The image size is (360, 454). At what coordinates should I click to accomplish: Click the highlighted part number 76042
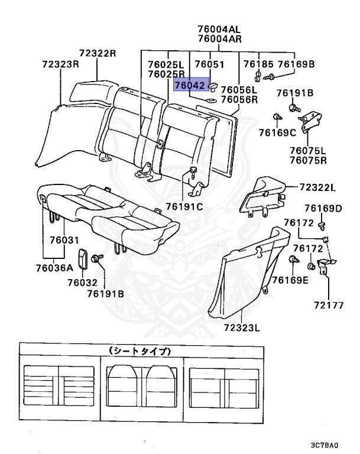coord(190,86)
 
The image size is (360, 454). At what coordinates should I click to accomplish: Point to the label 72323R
coord(60,63)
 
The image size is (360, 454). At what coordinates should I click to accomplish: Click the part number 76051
coord(209,64)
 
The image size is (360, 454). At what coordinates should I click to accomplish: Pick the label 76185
coord(258,64)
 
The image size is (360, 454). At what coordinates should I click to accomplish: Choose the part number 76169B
coord(296,64)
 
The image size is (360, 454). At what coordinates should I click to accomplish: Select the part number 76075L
coord(310,150)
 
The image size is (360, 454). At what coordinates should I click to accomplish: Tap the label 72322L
coord(317,188)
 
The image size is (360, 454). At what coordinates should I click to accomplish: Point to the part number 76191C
coord(184,206)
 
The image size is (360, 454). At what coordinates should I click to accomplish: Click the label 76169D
coord(323,208)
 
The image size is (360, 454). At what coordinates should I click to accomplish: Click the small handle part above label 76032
coord(82,260)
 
